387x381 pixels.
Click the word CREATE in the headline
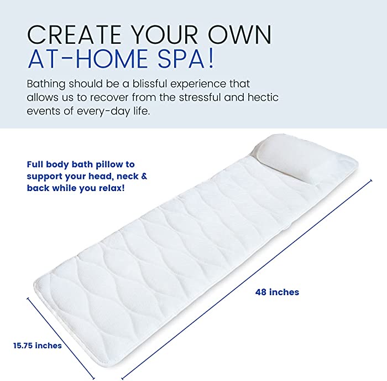[x=74, y=34]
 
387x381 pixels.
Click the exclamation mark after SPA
[x=211, y=58]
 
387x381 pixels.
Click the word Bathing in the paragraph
[x=46, y=84]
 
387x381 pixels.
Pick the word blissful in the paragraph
[x=150, y=84]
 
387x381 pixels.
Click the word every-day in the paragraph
[x=103, y=111]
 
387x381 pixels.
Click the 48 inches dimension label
[x=277, y=292]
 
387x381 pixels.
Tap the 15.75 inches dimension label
[x=38, y=346]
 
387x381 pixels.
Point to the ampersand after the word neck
[x=144, y=176]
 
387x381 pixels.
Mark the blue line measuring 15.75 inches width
[x=61, y=338]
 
